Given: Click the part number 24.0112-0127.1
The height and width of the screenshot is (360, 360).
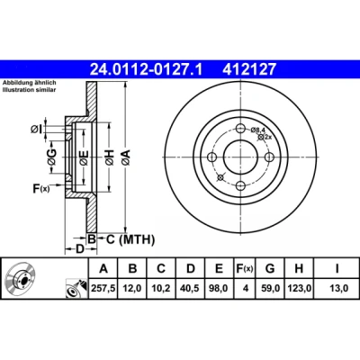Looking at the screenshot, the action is pyautogui.click(x=147, y=69).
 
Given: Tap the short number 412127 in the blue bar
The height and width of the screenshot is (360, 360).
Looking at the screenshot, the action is pyautogui.click(x=248, y=69).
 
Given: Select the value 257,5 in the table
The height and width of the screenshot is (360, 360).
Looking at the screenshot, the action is pyautogui.click(x=103, y=289).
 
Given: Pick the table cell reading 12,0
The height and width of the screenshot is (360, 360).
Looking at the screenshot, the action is pyautogui.click(x=132, y=289).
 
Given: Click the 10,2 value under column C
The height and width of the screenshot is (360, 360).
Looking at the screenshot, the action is pyautogui.click(x=161, y=289).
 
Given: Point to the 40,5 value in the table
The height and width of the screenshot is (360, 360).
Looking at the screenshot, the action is pyautogui.click(x=190, y=289).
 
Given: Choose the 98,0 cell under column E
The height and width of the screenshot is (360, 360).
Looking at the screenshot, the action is pyautogui.click(x=219, y=289).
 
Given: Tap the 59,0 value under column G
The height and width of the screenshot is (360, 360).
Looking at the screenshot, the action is pyautogui.click(x=270, y=289).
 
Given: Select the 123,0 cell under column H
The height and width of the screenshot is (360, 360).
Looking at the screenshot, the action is pyautogui.click(x=299, y=289).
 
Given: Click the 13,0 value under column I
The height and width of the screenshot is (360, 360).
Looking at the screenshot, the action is pyautogui.click(x=337, y=289).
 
